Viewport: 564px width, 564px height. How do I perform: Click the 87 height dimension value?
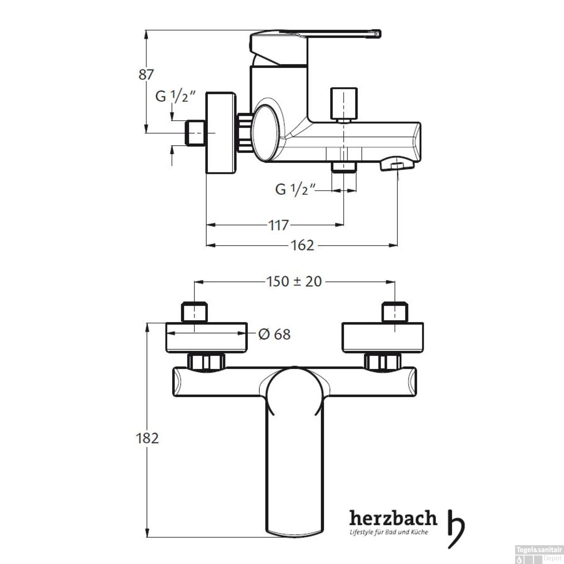146,74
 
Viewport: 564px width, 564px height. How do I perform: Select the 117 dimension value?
278,225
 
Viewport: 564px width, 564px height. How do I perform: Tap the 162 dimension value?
302,246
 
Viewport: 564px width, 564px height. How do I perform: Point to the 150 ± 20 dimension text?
294,281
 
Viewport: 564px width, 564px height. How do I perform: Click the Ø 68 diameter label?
274,334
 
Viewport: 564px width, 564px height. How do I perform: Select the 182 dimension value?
147,438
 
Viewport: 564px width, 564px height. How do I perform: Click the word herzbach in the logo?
393,519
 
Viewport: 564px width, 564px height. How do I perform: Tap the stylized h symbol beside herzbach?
455,528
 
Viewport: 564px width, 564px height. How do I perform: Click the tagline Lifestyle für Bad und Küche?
389,532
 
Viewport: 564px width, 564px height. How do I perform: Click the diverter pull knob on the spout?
343,103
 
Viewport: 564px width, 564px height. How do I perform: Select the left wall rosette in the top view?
206,338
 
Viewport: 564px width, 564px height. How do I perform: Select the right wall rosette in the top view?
383,338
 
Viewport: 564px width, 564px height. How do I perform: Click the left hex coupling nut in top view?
206,362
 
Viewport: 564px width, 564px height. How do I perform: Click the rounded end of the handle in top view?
294,530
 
